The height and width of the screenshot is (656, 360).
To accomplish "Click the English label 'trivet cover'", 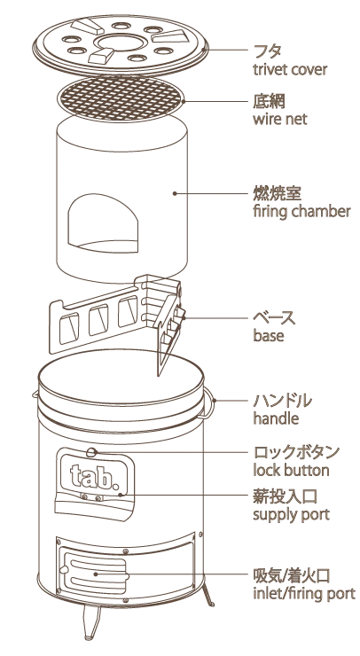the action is point(290,69).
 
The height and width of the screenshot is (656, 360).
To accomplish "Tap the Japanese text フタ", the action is point(267,51).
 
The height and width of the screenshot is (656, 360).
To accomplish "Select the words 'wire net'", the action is point(279,119).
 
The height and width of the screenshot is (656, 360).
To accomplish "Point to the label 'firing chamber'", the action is point(301,211).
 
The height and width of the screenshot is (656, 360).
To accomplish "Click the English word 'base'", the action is point(269,335).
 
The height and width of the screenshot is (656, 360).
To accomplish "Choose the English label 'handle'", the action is point(276,418).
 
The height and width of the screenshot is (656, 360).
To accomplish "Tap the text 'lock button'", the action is point(291,470).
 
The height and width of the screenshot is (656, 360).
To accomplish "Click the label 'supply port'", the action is point(292,514).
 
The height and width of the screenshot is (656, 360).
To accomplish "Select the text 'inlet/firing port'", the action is point(304,594).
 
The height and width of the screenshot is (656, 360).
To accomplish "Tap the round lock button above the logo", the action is point(91,452).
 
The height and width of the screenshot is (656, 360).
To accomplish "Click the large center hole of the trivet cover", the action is point(120,43).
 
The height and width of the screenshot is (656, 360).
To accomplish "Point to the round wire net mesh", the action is point(121,99).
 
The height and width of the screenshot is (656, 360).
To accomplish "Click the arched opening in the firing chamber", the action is point(103,223).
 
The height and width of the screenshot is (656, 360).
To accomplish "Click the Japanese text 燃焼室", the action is point(278,193).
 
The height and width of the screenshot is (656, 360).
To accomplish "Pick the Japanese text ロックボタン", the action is point(296,452).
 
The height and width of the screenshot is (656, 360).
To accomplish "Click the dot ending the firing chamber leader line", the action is point(175,193).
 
